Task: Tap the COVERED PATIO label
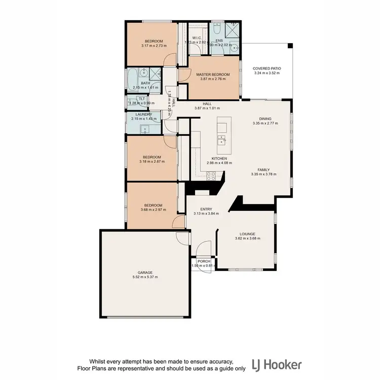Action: pyautogui.click(x=267, y=68)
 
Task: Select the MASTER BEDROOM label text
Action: pyautogui.click(x=212, y=74)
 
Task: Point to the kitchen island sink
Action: pyautogui.click(x=222, y=139)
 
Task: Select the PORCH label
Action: pyautogui.click(x=204, y=261)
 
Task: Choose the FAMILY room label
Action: pyautogui.click(x=263, y=170)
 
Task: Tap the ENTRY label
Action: pyautogui.click(x=206, y=209)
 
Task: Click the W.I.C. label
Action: pyautogui.click(x=198, y=37)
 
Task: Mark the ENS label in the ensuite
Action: pyautogui.click(x=219, y=40)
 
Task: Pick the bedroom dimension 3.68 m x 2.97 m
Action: pyautogui.click(x=154, y=209)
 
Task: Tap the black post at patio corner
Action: pyautogui.click(x=290, y=46)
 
